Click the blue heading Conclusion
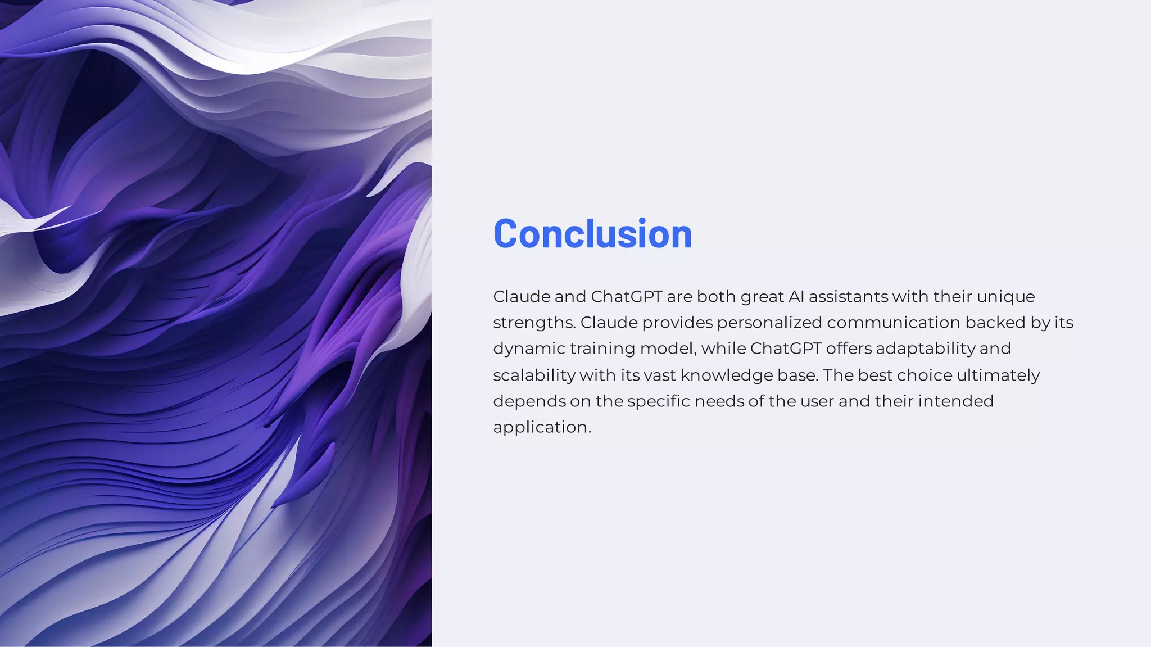tap(592, 234)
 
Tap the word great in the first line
tap(762, 297)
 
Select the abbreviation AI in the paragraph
tap(796, 296)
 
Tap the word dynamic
tap(528, 349)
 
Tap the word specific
tap(658, 401)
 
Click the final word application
tap(542, 427)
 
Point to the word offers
tap(848, 349)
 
